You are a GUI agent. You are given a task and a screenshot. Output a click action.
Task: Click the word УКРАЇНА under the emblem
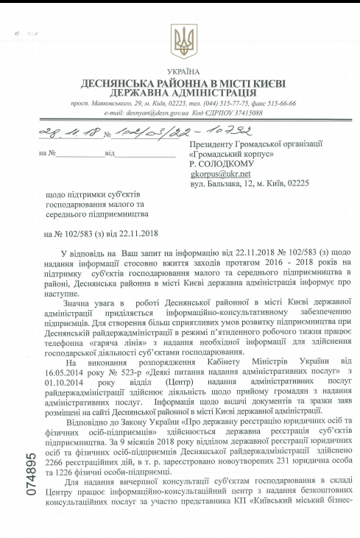click(180, 71)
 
